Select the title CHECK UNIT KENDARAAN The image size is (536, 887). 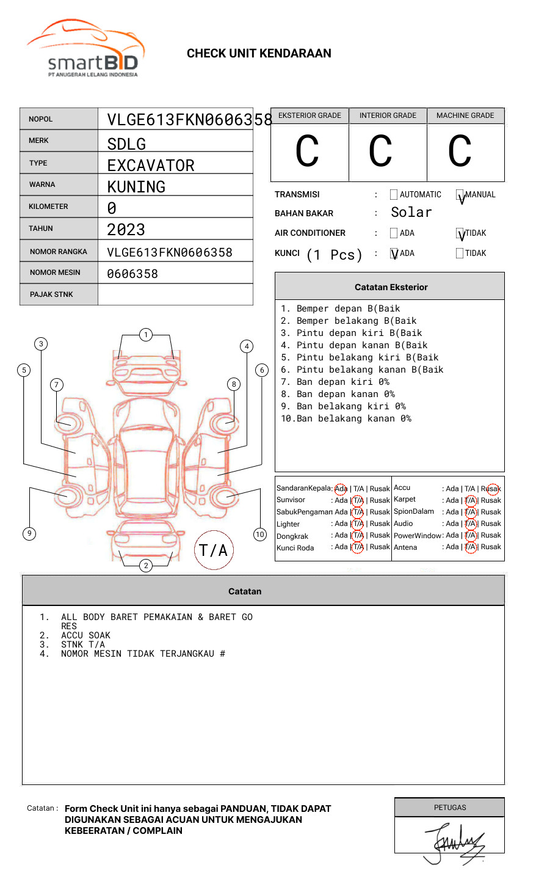(x=259, y=54)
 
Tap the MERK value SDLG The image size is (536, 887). (x=126, y=144)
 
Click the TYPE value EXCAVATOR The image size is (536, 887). (x=151, y=166)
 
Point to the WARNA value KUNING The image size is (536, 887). (x=136, y=187)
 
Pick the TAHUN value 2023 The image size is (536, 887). (x=126, y=230)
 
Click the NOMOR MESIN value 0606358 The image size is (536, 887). (x=132, y=274)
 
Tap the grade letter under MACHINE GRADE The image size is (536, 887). (x=460, y=151)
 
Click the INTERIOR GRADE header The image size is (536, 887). (x=388, y=115)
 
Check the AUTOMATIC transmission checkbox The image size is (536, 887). (x=394, y=195)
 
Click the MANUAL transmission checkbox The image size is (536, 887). (x=460, y=195)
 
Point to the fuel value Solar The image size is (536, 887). (x=411, y=213)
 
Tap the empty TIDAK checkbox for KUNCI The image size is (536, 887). (x=460, y=254)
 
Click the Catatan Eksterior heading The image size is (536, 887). (x=391, y=287)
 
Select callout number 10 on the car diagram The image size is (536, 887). (x=260, y=535)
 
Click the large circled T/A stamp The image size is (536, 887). (x=214, y=550)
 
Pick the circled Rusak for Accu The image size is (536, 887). (x=491, y=489)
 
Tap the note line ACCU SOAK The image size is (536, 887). (x=86, y=635)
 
